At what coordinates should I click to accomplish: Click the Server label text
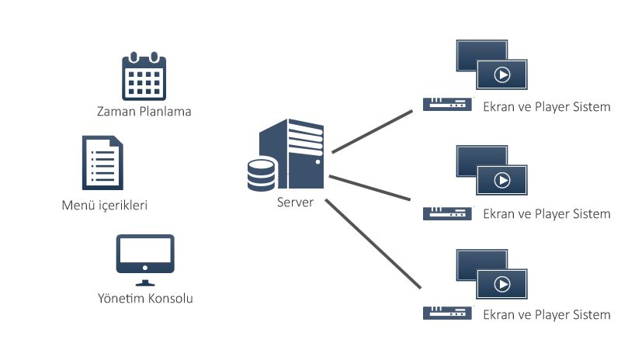[294, 202]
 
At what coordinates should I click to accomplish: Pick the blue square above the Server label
[286, 155]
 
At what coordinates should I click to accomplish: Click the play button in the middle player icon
[502, 180]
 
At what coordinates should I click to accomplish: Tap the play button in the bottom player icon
[502, 284]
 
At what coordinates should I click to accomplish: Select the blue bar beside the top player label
[449, 105]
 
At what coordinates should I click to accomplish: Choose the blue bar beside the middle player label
[449, 213]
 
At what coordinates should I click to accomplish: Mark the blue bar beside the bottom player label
[449, 313]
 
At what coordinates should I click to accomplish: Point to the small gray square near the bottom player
[414, 283]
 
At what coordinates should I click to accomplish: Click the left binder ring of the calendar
[134, 57]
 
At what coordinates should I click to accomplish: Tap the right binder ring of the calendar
[154, 57]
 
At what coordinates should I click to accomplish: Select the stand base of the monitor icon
[145, 282]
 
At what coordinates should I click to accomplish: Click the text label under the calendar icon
[144, 111]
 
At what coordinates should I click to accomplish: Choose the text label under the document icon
[105, 206]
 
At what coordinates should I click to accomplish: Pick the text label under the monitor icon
[145, 299]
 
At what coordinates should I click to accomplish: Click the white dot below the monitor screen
[145, 268]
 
